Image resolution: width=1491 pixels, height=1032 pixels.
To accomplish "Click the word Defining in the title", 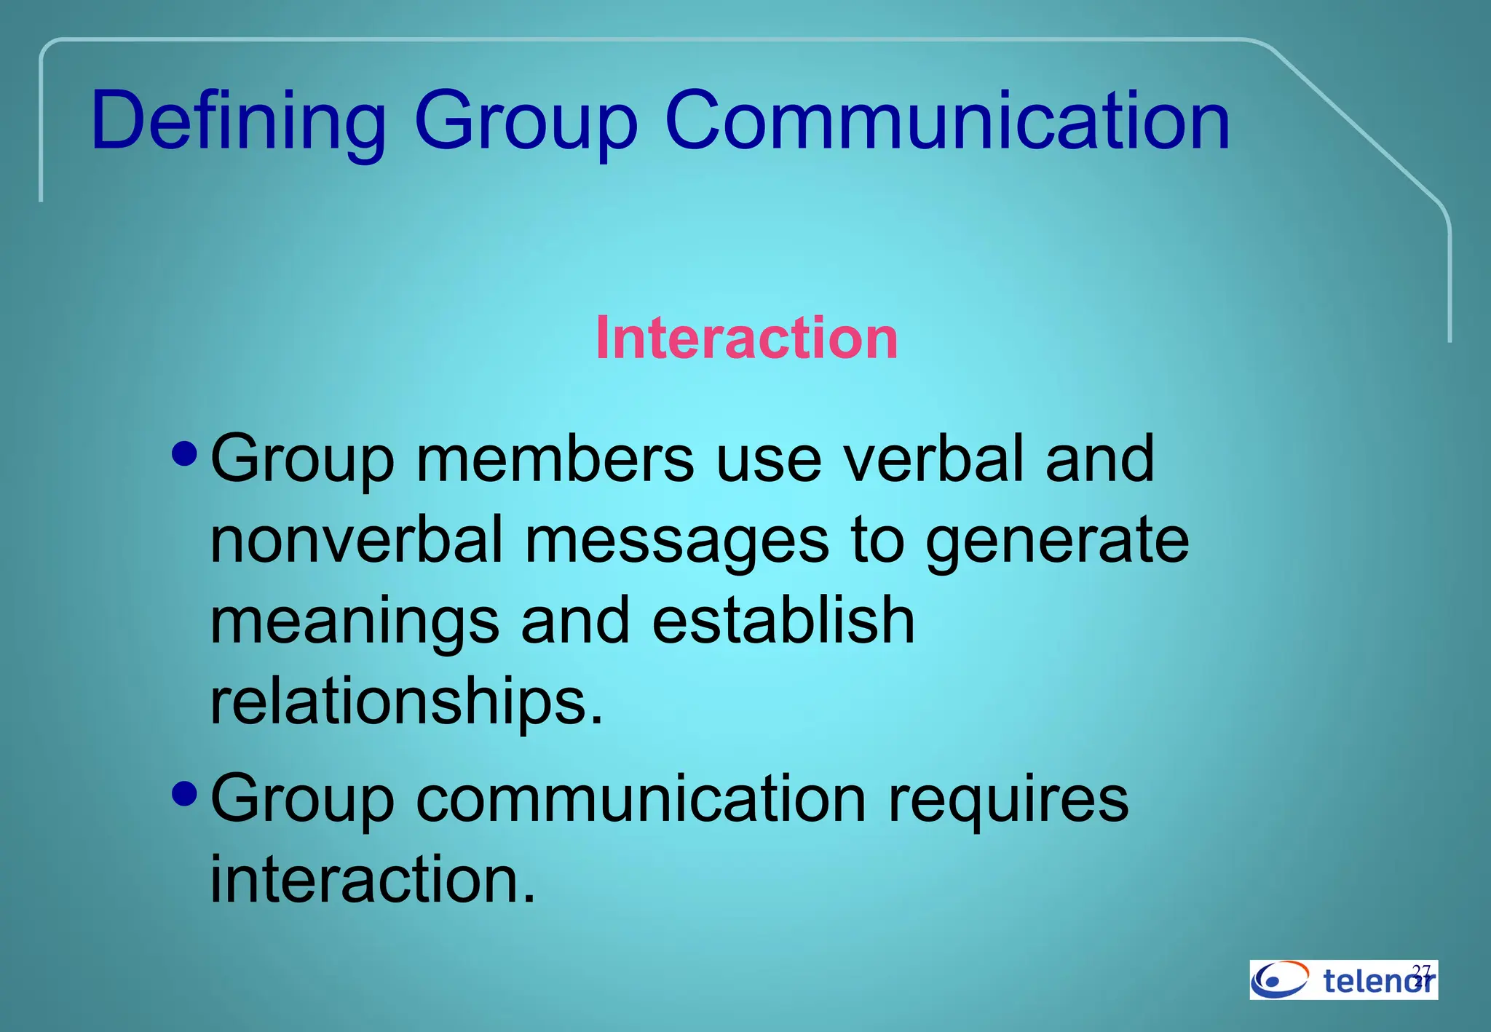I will [x=238, y=122].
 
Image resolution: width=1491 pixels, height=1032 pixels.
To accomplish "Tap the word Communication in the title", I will [x=947, y=121].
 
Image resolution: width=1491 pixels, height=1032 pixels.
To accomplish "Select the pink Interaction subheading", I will [x=746, y=338].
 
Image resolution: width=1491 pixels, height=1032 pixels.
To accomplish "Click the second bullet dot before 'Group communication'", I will [x=186, y=793].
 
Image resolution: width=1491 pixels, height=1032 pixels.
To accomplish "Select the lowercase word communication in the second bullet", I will [x=641, y=799].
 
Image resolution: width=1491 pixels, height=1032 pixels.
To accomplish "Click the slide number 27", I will [x=1422, y=972].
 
